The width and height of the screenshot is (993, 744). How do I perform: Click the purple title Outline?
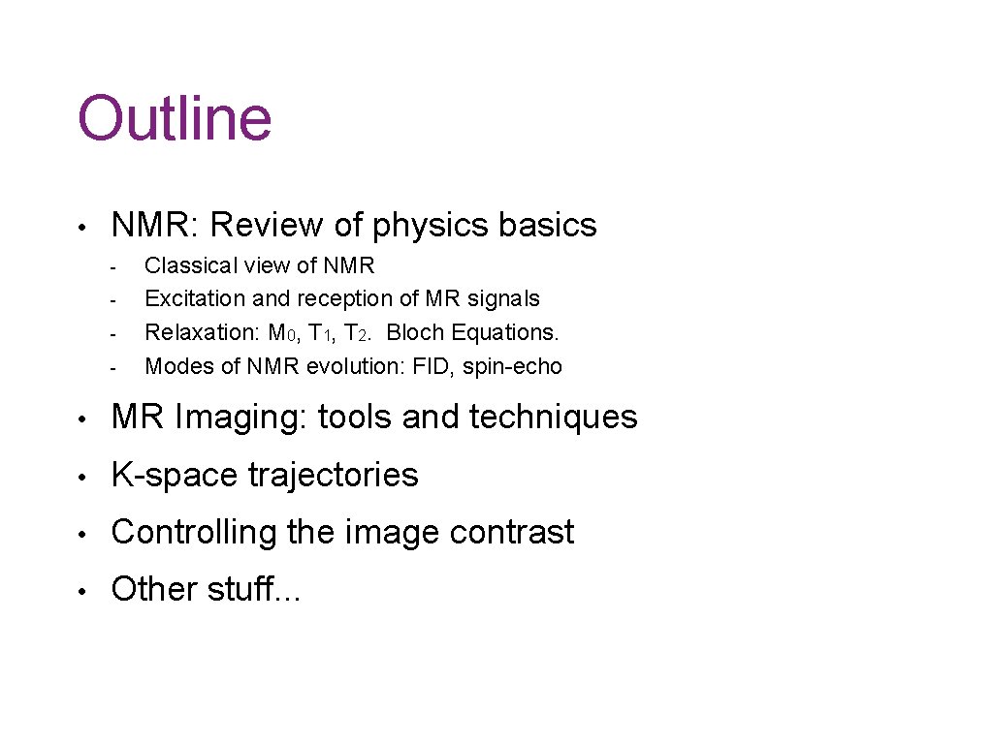(175, 118)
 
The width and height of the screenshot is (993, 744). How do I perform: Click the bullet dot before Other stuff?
(85, 590)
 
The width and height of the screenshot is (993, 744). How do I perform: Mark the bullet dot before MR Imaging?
(85, 418)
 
